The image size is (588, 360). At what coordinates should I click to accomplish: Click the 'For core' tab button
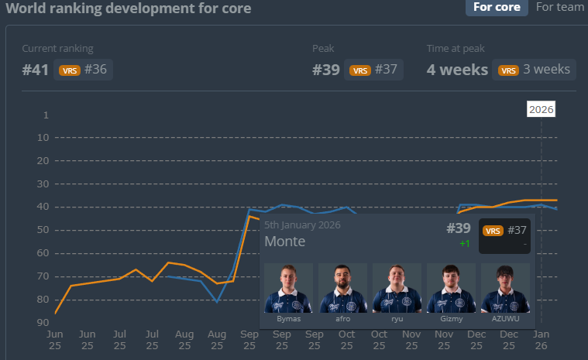496,7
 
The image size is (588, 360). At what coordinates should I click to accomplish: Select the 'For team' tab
560,7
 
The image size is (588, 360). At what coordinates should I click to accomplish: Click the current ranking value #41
36,70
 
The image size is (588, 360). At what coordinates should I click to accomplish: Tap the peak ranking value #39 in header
326,70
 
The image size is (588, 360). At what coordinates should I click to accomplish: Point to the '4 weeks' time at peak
457,70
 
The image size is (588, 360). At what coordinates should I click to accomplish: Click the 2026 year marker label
541,109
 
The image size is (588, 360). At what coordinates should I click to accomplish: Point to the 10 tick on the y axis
43,138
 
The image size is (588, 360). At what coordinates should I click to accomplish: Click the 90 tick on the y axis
43,322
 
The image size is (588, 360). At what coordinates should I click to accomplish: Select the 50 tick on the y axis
43,230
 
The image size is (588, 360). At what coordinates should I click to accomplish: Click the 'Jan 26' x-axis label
541,339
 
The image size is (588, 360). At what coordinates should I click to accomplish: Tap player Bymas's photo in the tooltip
288,288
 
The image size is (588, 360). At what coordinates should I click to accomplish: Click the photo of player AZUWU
505,288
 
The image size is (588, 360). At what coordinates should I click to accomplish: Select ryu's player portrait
397,288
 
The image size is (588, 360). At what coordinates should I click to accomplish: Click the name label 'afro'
342,318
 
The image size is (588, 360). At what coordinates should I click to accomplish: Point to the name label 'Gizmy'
451,318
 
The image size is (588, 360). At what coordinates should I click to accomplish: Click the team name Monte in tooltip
284,242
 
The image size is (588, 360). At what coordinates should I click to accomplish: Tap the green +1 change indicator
464,243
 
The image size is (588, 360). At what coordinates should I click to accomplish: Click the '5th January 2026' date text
302,225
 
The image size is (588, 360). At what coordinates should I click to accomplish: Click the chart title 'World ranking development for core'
129,8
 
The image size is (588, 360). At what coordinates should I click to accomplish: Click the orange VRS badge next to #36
70,70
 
